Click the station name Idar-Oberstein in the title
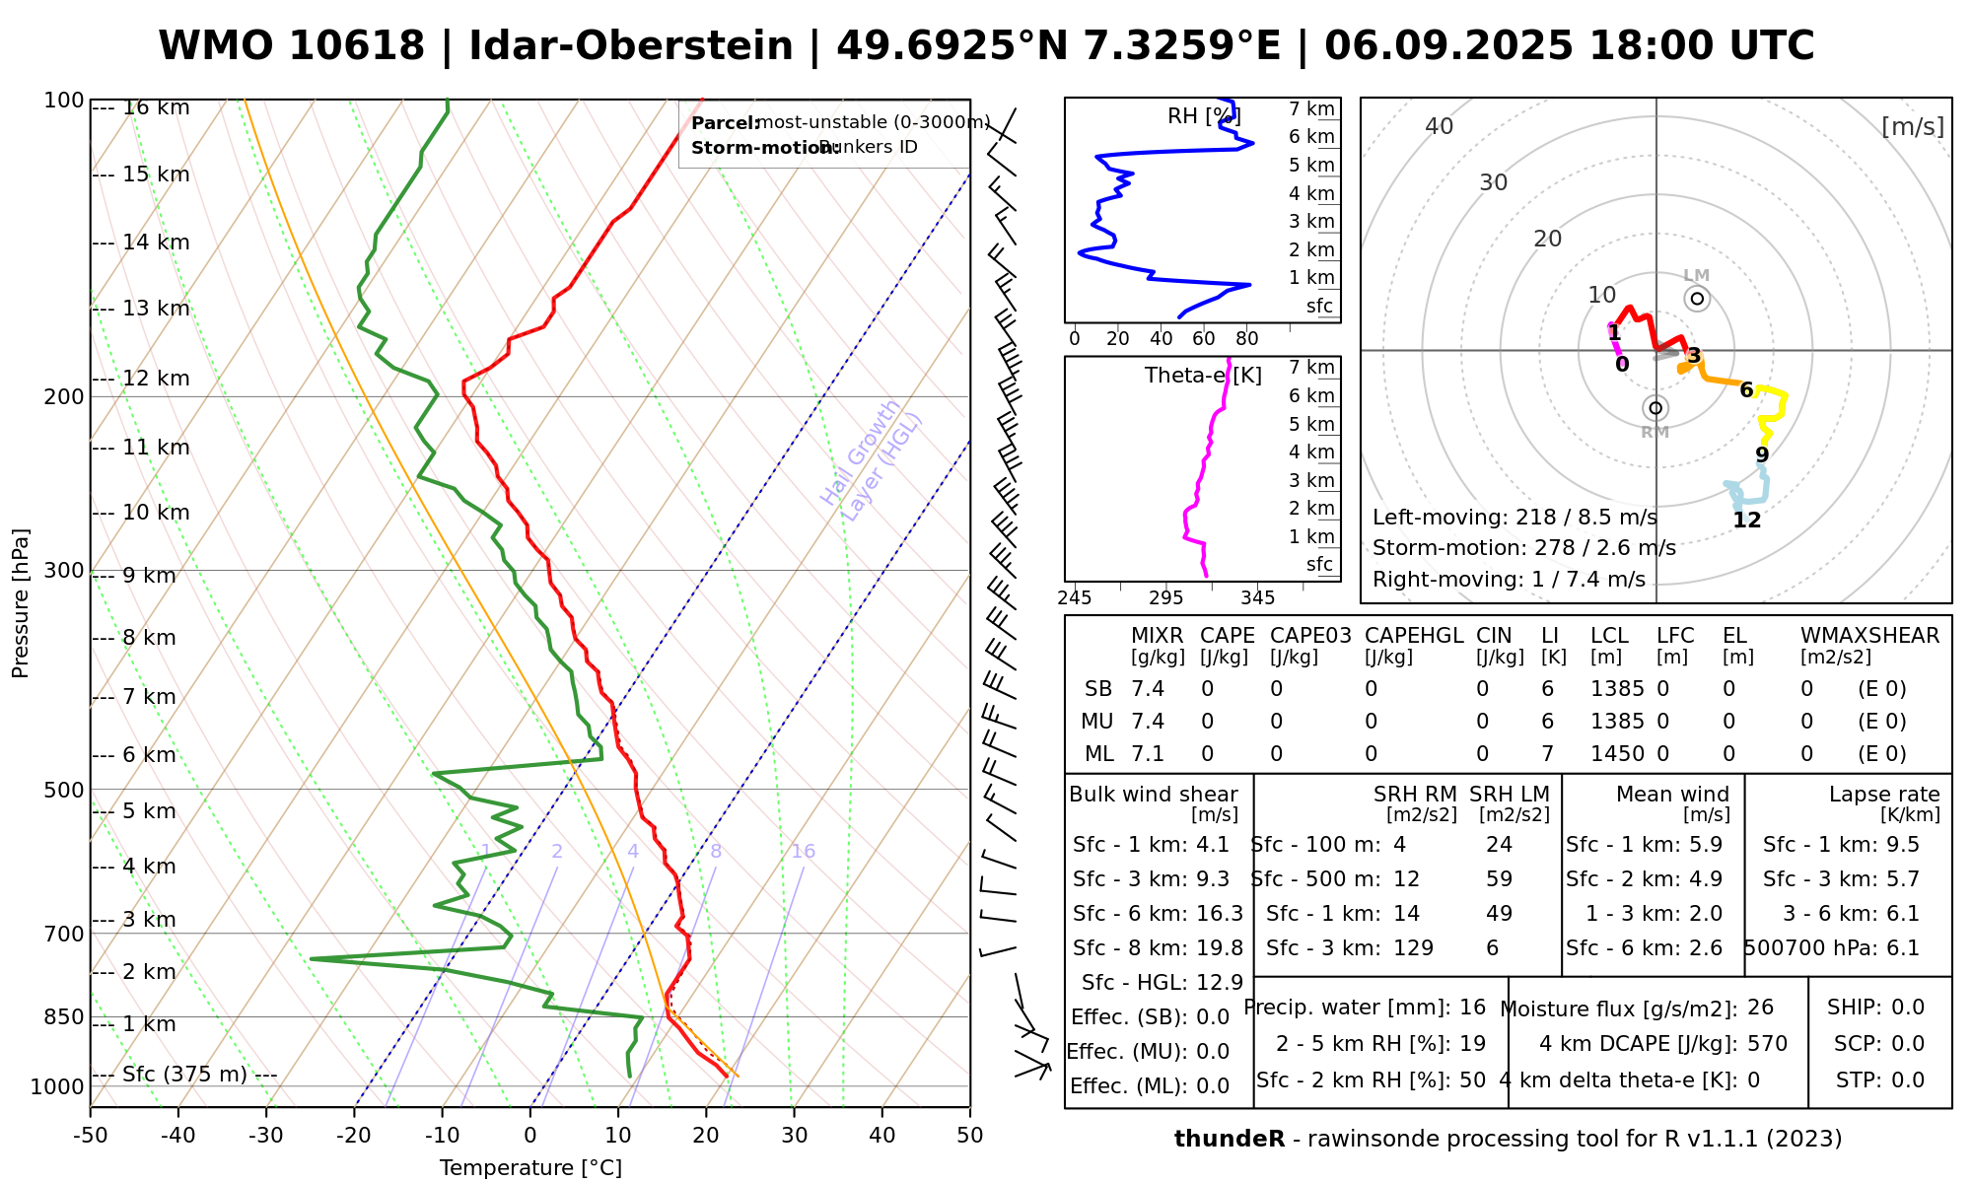coord(631,46)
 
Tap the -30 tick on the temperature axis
coord(266,1136)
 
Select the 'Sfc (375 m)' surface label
coord(184,1074)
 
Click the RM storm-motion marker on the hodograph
coord(1655,408)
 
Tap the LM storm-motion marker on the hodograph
coord(1697,299)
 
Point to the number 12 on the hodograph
coord(1747,521)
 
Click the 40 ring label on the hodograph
coord(1440,126)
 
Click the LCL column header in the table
coord(1609,636)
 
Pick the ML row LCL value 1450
coord(1617,754)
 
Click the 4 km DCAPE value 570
coord(1767,1044)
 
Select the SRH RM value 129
coord(1413,948)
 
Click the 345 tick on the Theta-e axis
coord(1257,598)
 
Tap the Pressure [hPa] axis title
coord(21,603)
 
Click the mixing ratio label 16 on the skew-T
coord(804,852)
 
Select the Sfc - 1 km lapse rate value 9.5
coord(1903,845)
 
